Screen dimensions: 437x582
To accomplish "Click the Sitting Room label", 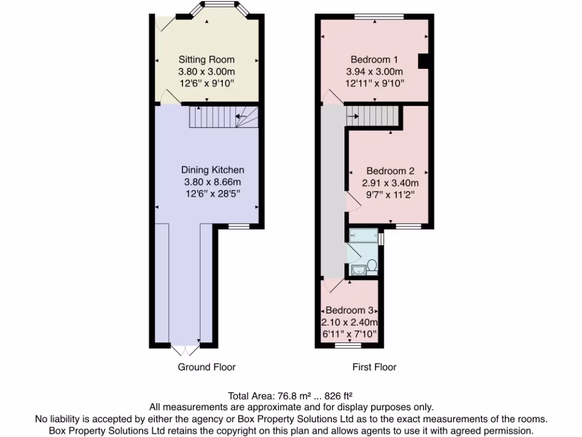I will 206,59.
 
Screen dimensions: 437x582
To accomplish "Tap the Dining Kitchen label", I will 213,170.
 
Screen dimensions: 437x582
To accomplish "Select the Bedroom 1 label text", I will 374,59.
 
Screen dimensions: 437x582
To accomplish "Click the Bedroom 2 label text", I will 390,171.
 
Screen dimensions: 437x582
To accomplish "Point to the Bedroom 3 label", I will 349,311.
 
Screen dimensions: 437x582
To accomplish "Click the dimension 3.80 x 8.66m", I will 213,182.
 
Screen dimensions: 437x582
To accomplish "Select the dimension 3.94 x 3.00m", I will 374,72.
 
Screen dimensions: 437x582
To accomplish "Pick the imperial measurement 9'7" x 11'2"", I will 390,195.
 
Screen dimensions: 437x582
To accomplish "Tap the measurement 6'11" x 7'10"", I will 349,334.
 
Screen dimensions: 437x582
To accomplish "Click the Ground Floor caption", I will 206,367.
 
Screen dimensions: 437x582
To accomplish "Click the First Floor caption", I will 374,367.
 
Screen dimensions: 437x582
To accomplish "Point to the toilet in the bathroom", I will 372,266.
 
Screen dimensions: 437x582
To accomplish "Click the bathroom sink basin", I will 357,270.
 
